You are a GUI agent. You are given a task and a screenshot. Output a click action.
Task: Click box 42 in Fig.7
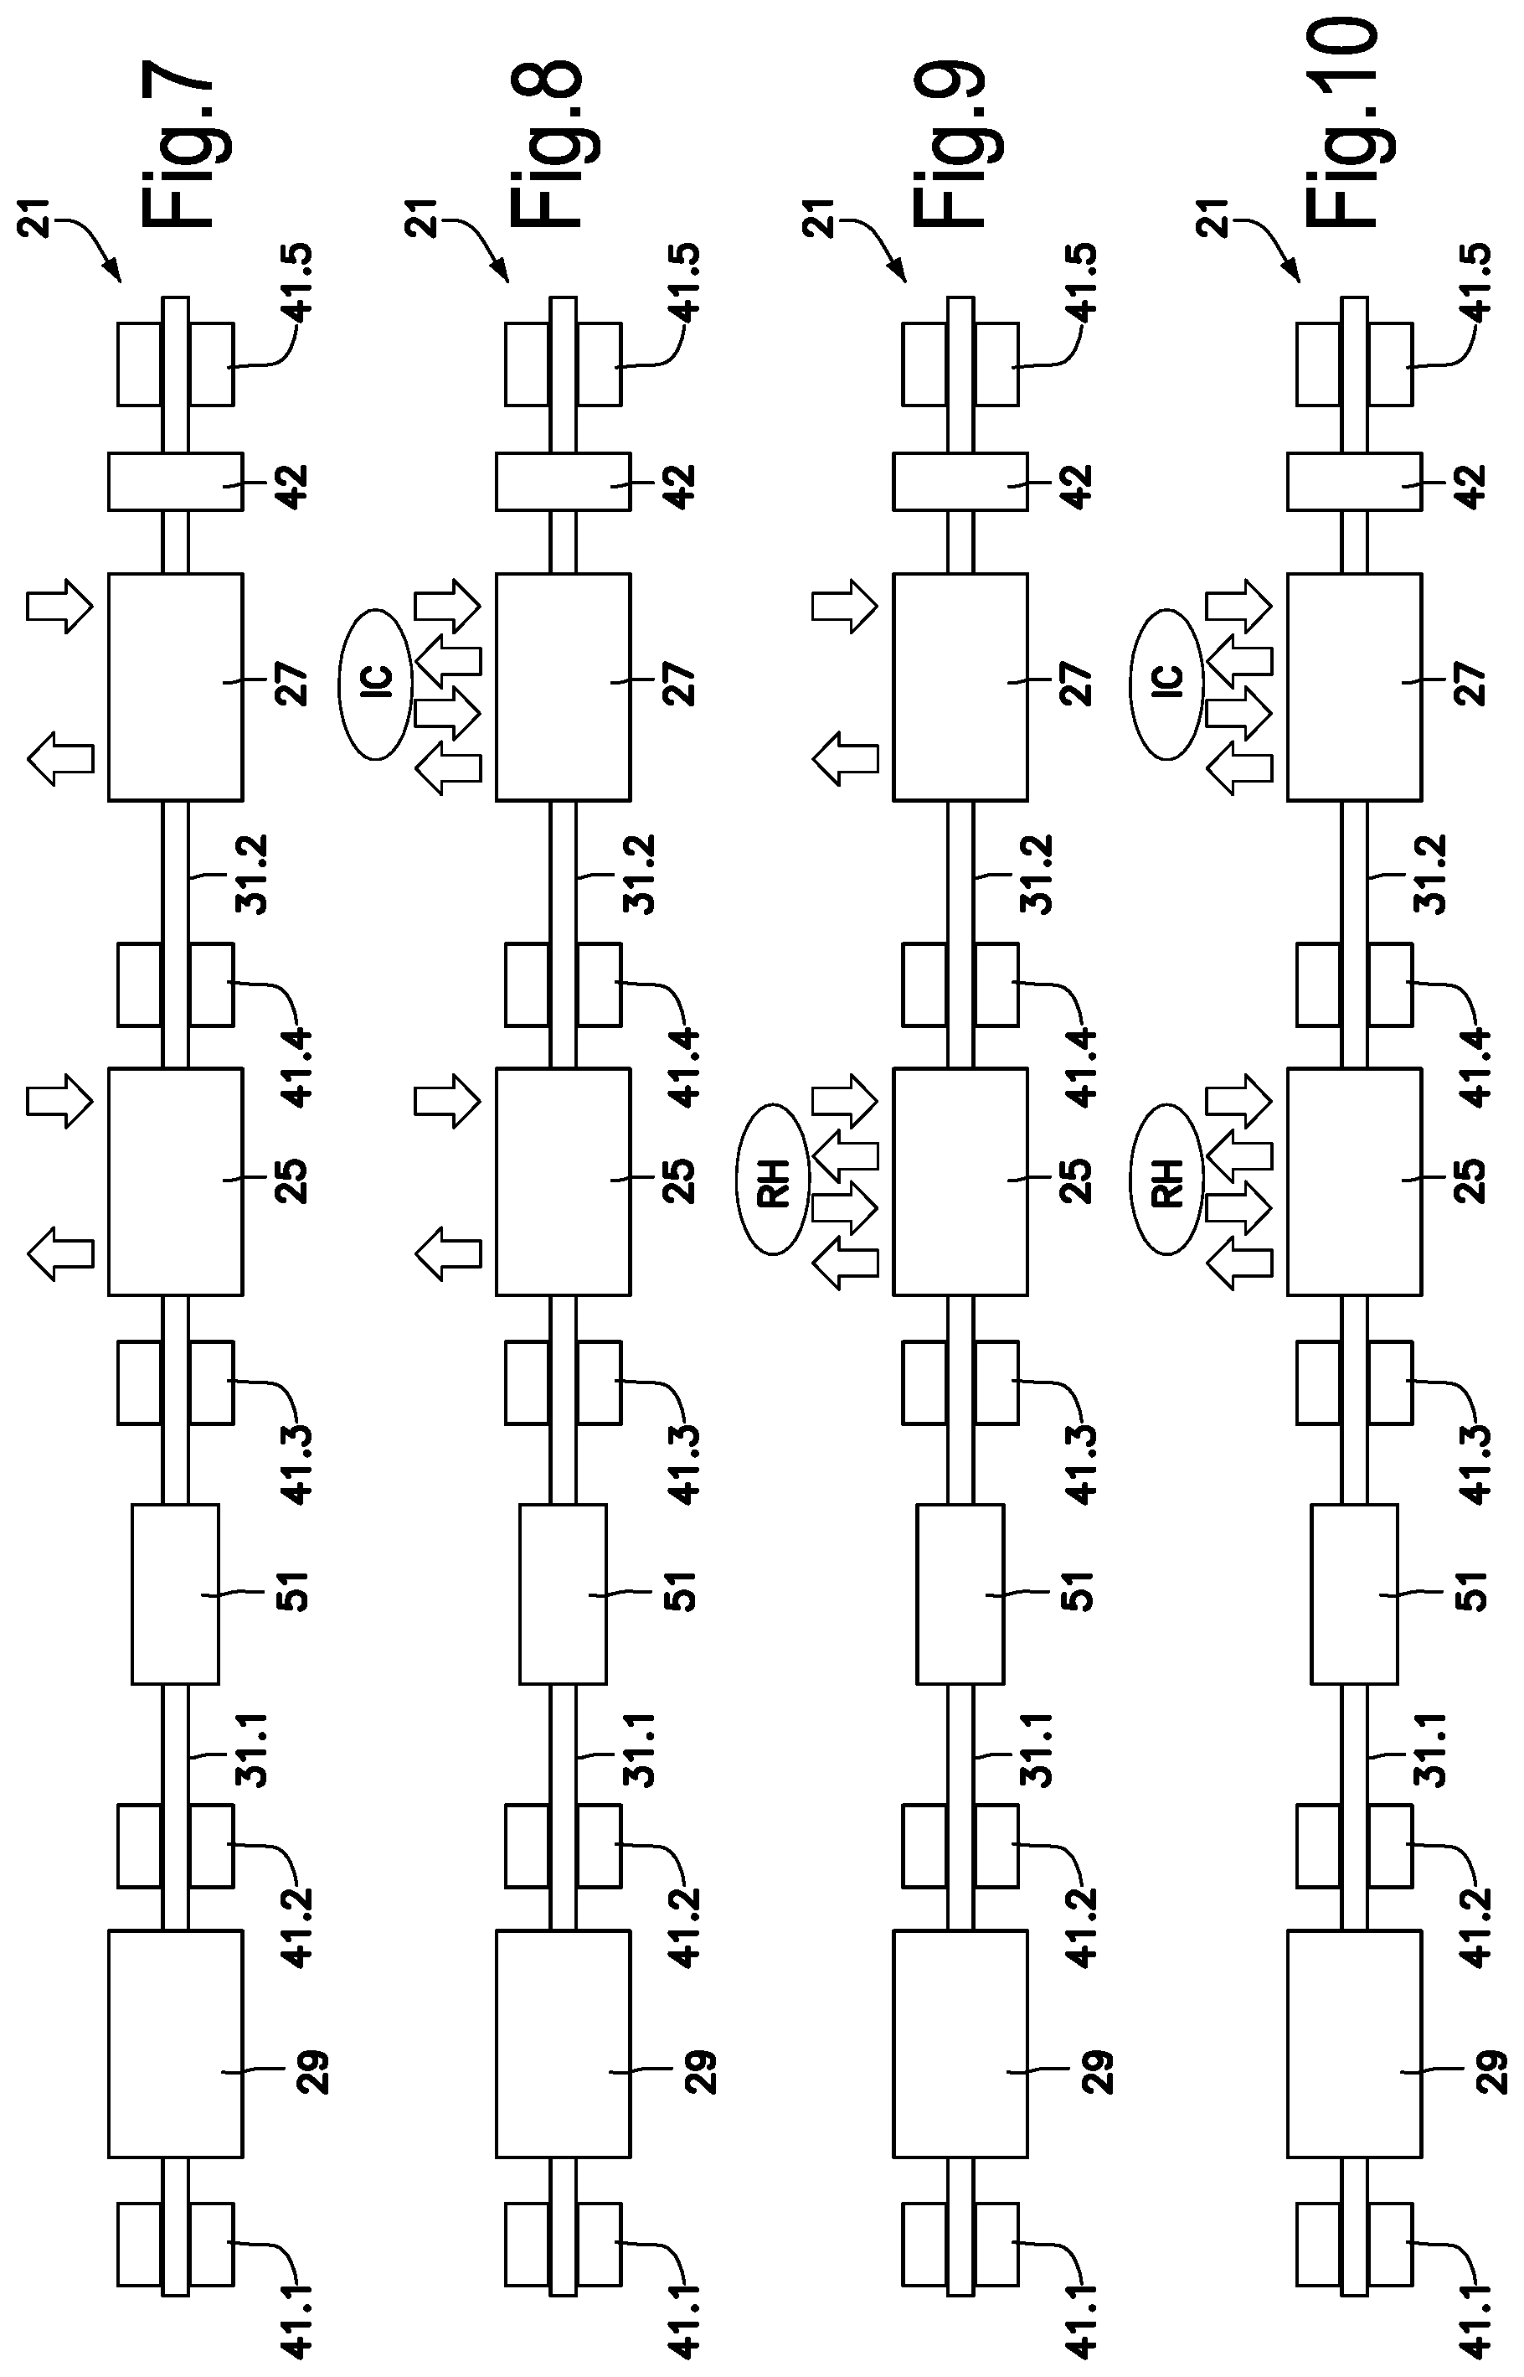(x=175, y=481)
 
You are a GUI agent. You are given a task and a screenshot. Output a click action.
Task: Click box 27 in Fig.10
(x=1355, y=686)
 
